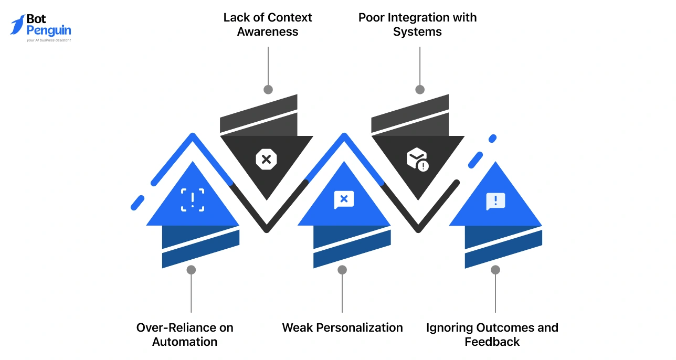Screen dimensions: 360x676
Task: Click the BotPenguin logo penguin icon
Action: pyautogui.click(x=17, y=25)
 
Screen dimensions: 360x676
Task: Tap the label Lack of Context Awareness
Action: pyautogui.click(x=268, y=25)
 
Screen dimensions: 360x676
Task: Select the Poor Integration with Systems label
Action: pyautogui.click(x=418, y=25)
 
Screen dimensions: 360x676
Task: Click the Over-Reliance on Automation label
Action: pyautogui.click(x=185, y=334)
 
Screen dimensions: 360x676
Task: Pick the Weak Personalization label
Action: pyautogui.click(x=342, y=327)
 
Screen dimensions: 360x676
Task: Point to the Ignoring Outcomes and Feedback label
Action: pyautogui.click(x=492, y=334)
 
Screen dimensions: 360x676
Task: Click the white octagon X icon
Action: pyautogui.click(x=266, y=159)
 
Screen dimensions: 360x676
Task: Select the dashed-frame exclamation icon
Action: pyautogui.click(x=193, y=200)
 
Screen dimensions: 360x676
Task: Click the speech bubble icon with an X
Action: pyautogui.click(x=344, y=199)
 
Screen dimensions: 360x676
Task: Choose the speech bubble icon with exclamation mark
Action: pyautogui.click(x=495, y=201)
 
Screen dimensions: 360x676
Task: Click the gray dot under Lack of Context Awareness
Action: pyautogui.click(x=268, y=90)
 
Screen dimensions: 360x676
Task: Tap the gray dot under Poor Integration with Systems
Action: pyautogui.click(x=420, y=90)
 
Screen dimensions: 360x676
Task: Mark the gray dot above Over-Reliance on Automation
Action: pyautogui.click(x=191, y=270)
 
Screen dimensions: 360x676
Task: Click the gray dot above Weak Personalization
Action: pyautogui.click(x=342, y=270)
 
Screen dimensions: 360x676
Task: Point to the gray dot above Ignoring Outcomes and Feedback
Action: pyautogui.click(x=495, y=270)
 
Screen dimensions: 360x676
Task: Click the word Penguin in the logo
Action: pyautogui.click(x=48, y=30)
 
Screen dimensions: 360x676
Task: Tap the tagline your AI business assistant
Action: pyautogui.click(x=48, y=40)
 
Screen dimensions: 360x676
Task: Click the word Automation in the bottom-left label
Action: pyautogui.click(x=185, y=342)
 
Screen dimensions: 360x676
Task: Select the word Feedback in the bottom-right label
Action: pyautogui.click(x=492, y=342)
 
